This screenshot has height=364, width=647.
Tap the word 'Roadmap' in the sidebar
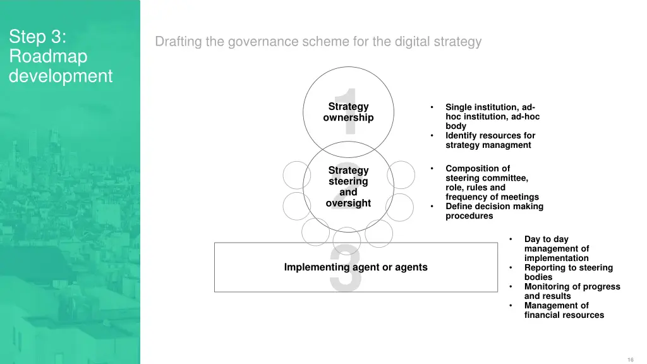click(x=48, y=56)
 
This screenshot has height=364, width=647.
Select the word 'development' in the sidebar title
click(x=61, y=76)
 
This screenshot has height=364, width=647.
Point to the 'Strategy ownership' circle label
click(x=348, y=112)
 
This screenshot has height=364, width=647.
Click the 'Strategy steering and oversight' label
click(x=348, y=186)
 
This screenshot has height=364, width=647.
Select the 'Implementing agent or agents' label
click(x=356, y=267)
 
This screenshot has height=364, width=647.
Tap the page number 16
click(x=631, y=359)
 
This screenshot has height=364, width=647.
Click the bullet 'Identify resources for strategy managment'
click(x=490, y=140)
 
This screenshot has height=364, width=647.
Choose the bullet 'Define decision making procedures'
click(x=494, y=211)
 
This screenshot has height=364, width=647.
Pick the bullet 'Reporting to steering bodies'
click(x=568, y=272)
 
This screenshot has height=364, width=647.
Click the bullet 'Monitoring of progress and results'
click(x=572, y=291)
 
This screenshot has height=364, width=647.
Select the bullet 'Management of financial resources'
click(x=564, y=310)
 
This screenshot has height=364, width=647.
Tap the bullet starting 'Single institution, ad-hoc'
click(x=492, y=116)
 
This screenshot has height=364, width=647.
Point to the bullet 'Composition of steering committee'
click(x=492, y=183)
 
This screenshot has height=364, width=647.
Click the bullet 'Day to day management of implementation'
click(x=556, y=248)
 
